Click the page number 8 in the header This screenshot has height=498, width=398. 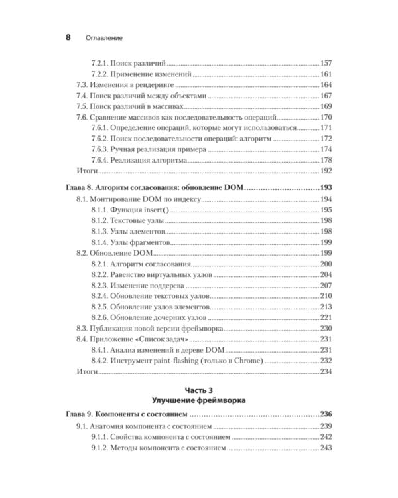click(x=68, y=37)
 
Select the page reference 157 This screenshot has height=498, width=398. click(x=326, y=62)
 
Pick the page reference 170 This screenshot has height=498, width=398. click(x=326, y=118)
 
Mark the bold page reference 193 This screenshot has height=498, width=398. click(x=325, y=189)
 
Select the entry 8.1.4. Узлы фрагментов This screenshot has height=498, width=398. click(x=129, y=243)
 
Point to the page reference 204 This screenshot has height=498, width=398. click(x=326, y=274)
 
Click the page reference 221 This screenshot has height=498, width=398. click(x=326, y=317)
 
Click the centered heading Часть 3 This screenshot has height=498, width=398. click(x=198, y=391)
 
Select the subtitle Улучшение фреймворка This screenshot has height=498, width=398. click(x=198, y=401)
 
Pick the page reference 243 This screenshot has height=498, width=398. click(x=326, y=448)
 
